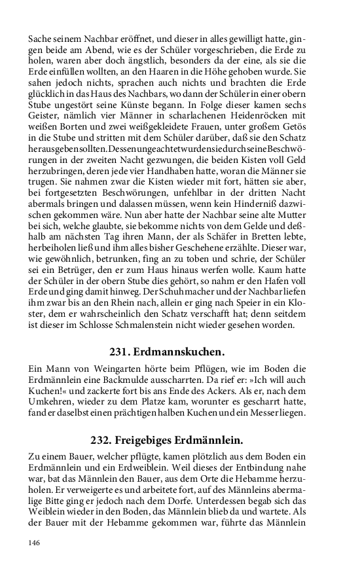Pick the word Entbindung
pos(248,471)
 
